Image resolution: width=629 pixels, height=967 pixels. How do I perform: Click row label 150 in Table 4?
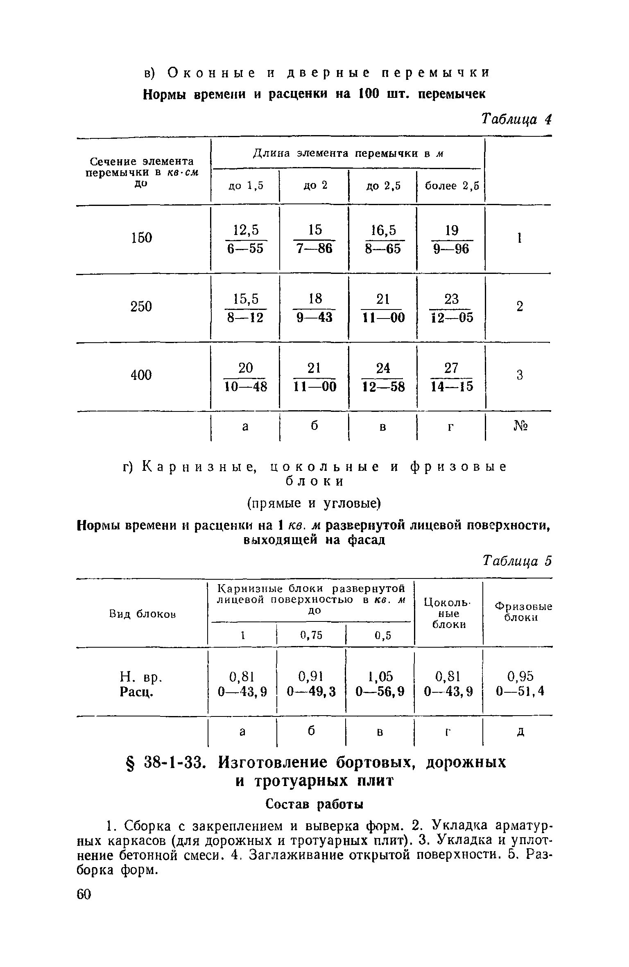[x=141, y=237]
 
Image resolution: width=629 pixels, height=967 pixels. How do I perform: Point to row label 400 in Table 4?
[x=141, y=375]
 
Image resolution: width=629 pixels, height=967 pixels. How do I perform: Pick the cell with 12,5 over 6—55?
[x=246, y=239]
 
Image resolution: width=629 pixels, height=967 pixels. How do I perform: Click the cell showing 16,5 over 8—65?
[x=383, y=239]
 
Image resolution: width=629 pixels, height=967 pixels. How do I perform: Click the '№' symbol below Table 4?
[x=520, y=427]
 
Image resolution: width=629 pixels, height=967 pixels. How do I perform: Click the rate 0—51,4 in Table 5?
[x=520, y=691]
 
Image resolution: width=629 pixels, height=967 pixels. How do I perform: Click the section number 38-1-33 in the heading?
[x=174, y=762]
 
